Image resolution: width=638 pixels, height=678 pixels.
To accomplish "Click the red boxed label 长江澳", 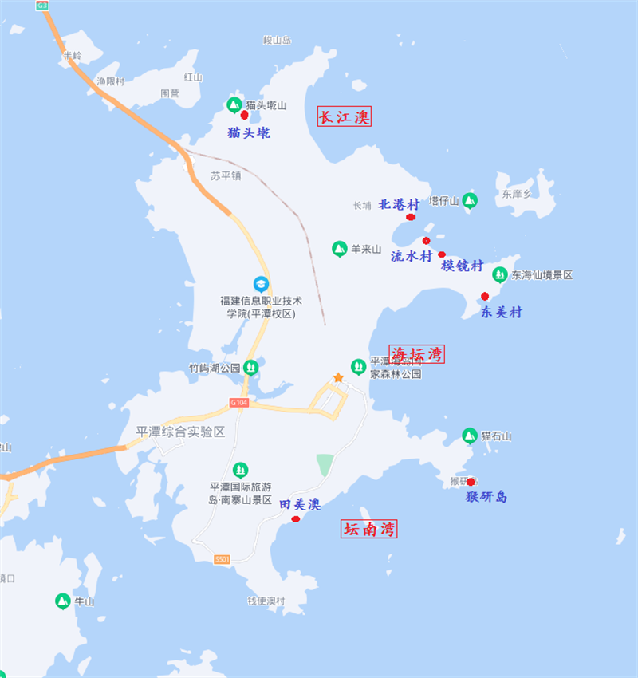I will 345,117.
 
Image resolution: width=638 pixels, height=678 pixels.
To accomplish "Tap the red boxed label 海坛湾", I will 417,354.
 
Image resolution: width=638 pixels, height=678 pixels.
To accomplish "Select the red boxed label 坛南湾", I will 369,528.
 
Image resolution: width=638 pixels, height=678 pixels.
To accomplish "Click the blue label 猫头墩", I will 249,133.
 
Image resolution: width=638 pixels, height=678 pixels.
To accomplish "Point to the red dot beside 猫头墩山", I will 244,115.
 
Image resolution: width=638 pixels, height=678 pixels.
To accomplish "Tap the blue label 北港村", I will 399,204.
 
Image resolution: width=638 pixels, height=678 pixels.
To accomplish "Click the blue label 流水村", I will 412,256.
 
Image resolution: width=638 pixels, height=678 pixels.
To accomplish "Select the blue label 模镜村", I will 463,266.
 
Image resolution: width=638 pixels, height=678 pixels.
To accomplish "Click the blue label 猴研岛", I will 486,496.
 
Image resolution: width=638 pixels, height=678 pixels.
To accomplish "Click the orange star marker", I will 338,377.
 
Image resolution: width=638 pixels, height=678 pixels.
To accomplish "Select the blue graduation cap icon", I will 261,284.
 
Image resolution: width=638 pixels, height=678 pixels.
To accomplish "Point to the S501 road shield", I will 223,559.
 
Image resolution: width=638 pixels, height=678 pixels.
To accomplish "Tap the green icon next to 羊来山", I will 340,249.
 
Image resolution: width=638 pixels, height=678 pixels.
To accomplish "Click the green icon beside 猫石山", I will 470,436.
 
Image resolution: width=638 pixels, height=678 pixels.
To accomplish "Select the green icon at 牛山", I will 62,601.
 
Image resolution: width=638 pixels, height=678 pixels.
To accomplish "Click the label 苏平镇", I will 226,175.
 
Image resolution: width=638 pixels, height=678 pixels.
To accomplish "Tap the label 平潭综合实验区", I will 181,432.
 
